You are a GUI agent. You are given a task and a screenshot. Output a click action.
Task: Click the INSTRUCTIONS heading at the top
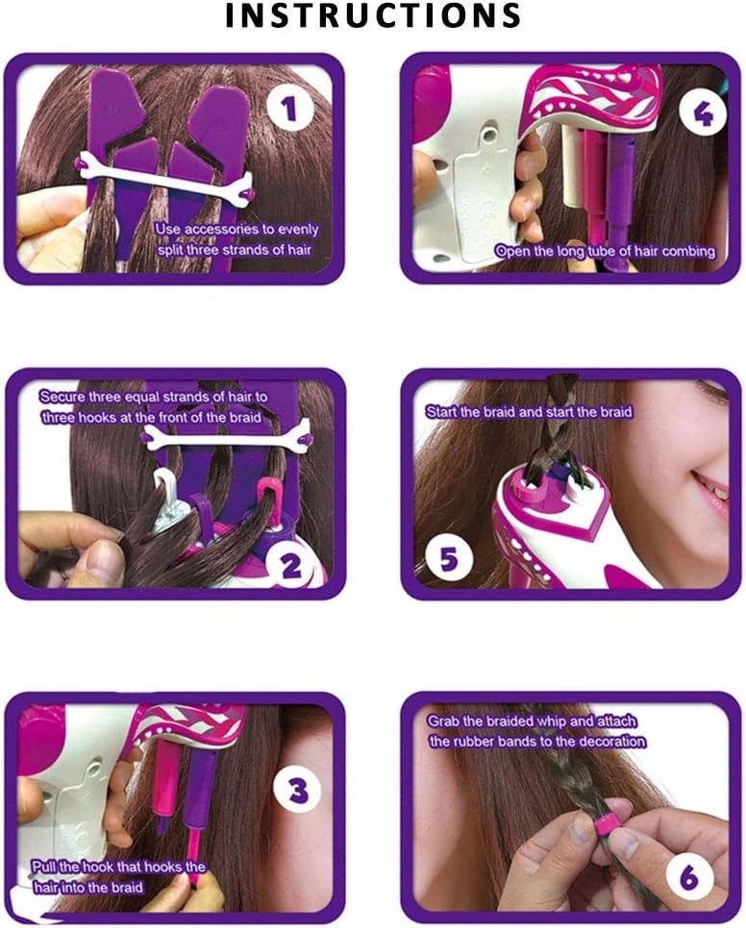coord(372,15)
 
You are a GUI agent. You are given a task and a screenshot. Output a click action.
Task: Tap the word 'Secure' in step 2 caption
coord(61,396)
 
